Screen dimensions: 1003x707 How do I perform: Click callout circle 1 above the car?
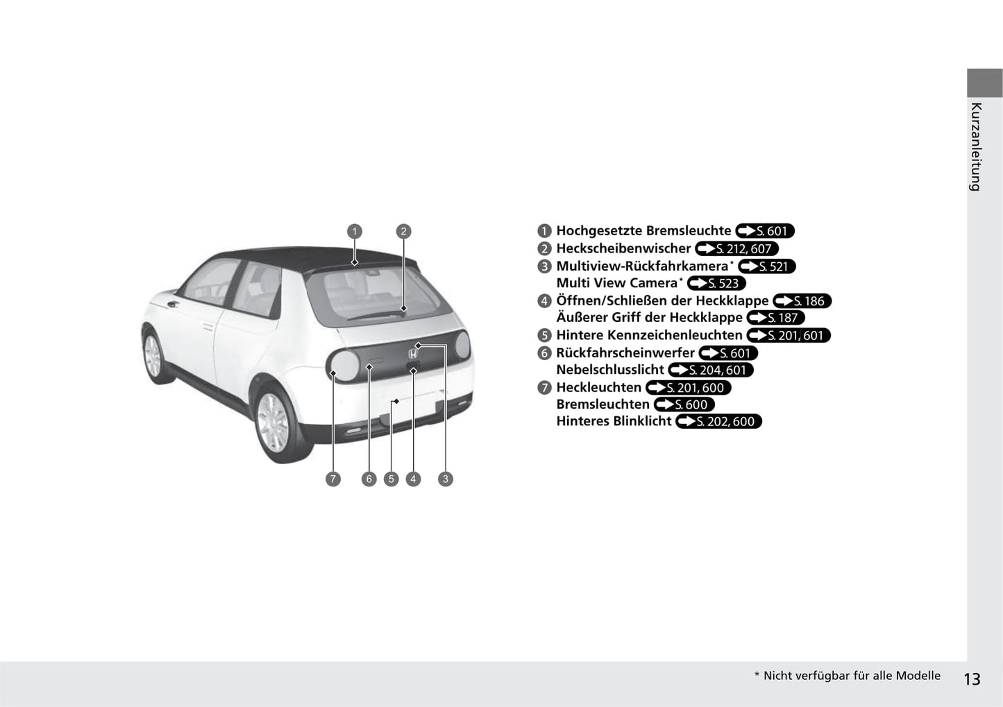point(355,231)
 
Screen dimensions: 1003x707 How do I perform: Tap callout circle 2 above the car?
point(403,231)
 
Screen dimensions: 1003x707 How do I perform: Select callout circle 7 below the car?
point(332,479)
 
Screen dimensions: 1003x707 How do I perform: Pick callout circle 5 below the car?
point(391,479)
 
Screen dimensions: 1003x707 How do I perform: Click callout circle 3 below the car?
point(445,479)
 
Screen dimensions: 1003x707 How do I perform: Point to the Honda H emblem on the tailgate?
point(413,355)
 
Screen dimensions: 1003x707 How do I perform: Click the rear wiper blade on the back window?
point(376,314)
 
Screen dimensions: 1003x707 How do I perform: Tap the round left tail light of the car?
point(343,366)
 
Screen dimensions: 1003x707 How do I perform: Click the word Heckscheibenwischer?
point(623,248)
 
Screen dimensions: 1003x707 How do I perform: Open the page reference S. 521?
point(766,266)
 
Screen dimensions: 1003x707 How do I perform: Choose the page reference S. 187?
point(775,318)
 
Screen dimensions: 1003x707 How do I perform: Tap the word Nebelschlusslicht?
point(610,370)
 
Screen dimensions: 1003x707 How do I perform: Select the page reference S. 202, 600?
point(718,422)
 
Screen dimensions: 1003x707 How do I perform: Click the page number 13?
point(972,679)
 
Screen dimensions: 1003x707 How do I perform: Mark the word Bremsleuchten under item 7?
point(602,404)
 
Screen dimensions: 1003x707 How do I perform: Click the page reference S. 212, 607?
point(737,249)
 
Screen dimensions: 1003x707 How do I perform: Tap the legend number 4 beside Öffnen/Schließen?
point(544,300)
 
